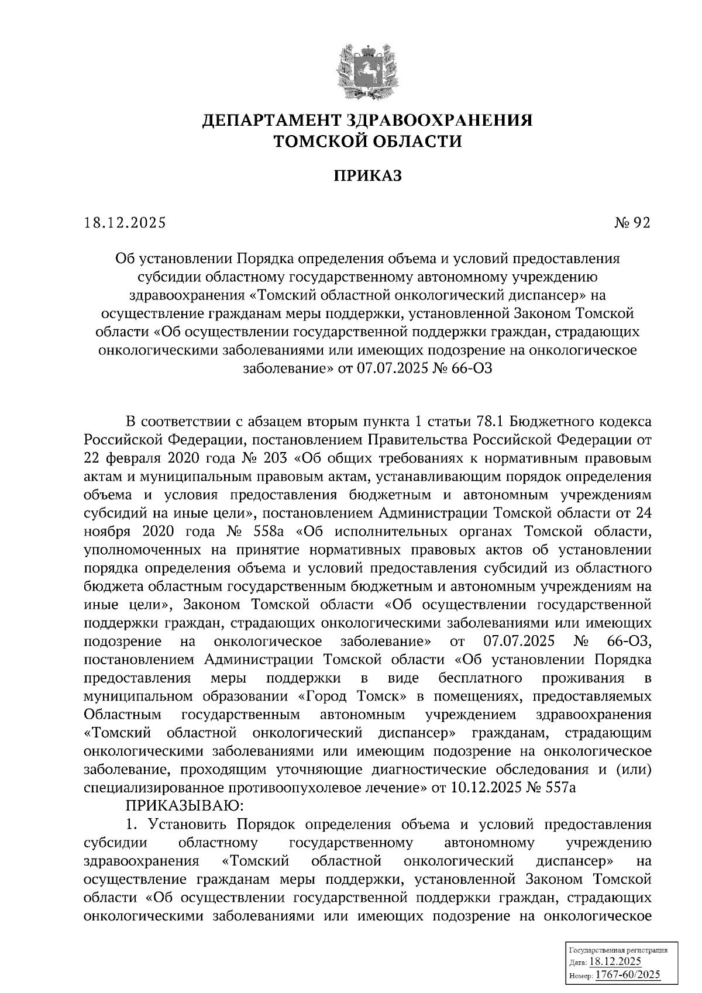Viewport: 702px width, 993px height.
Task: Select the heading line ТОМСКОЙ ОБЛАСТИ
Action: [368, 141]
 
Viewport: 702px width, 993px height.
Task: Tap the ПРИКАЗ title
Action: [368, 175]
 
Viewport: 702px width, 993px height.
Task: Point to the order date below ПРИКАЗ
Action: [125, 223]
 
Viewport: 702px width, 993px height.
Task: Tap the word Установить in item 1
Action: [184, 824]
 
